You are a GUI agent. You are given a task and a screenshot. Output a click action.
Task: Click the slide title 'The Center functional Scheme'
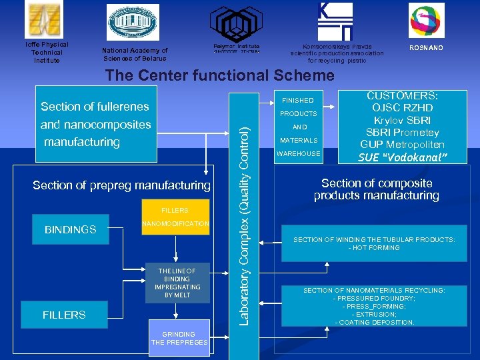click(219, 75)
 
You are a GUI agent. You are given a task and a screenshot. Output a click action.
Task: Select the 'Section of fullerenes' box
click(95, 107)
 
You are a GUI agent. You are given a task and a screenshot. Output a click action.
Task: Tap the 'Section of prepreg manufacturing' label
click(121, 185)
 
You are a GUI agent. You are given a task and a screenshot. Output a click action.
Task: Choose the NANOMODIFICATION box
click(176, 224)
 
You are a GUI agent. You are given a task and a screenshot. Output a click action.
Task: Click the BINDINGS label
click(70, 229)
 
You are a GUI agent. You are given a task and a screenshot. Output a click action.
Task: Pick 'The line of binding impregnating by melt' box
click(177, 283)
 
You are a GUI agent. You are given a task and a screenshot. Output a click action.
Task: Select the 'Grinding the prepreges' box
click(179, 338)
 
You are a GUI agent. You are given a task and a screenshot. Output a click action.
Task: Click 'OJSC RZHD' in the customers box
click(403, 108)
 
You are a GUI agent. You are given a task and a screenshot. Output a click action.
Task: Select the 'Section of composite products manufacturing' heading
click(377, 189)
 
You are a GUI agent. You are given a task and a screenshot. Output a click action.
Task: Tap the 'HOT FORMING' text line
click(374, 248)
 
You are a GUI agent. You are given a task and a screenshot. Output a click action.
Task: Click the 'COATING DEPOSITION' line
click(374, 323)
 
